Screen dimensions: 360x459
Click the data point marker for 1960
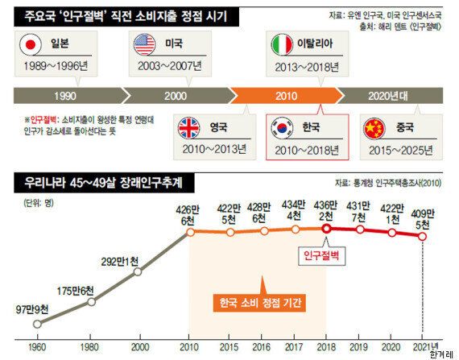(38, 324)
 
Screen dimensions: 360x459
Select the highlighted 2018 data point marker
(327, 228)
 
